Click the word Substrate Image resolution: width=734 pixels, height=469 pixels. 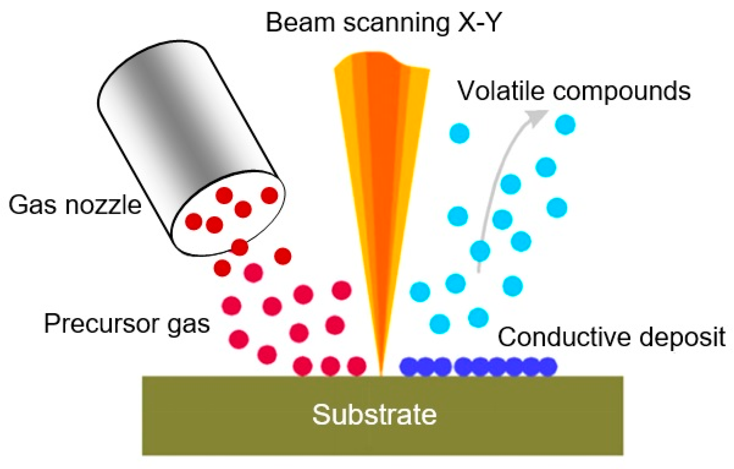[x=374, y=415]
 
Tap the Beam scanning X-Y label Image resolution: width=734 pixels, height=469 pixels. [x=383, y=22]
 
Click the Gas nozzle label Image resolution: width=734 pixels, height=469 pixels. [x=75, y=205]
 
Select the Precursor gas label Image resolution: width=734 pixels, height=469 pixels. [x=127, y=324]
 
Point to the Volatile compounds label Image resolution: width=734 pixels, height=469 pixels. [x=574, y=91]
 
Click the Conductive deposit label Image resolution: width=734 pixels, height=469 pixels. [x=611, y=337]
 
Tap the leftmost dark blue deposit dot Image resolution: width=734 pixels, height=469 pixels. [x=409, y=366]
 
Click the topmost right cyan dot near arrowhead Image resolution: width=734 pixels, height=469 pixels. [x=565, y=125]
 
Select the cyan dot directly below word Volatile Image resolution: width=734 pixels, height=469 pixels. [x=459, y=133]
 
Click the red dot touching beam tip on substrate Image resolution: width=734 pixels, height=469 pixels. [x=357, y=366]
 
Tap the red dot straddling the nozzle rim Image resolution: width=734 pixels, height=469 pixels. [x=240, y=247]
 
